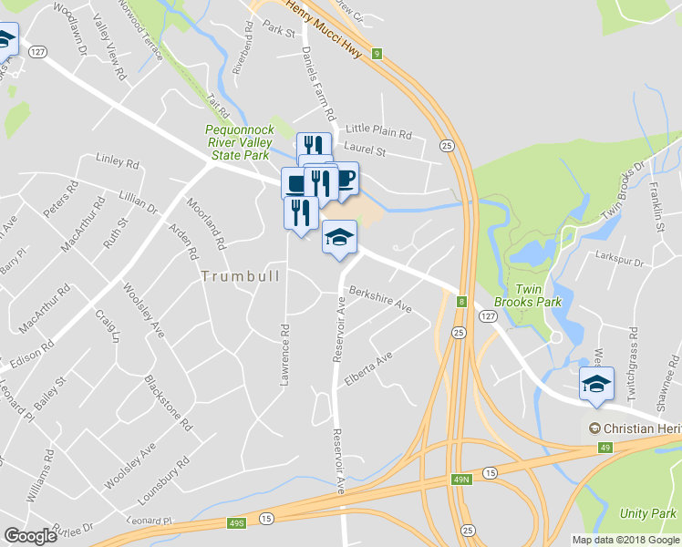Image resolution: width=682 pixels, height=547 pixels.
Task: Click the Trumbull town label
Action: click(x=241, y=275)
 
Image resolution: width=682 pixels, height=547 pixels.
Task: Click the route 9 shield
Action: click(x=375, y=54)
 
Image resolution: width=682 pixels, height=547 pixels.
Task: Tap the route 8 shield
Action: click(x=462, y=301)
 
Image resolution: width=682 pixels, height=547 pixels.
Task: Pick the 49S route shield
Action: click(x=237, y=523)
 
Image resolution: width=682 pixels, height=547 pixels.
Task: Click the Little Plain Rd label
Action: click(x=378, y=129)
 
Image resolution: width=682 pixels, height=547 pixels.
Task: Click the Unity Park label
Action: click(x=647, y=513)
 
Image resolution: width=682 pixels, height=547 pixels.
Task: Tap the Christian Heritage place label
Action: click(x=635, y=428)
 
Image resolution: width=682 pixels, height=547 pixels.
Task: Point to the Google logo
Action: click(x=30, y=536)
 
